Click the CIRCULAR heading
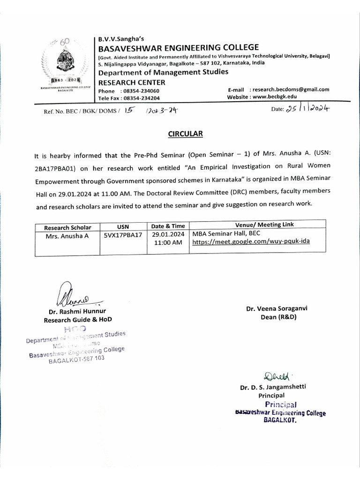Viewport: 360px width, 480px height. coord(186,134)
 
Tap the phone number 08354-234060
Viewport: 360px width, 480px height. coord(140,91)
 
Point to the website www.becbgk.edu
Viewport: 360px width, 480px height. coord(275,97)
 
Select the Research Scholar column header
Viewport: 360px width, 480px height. coord(67,227)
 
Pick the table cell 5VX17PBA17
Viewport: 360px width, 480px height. coord(123,235)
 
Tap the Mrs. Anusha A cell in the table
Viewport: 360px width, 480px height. coord(67,236)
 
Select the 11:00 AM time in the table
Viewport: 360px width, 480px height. coord(168,242)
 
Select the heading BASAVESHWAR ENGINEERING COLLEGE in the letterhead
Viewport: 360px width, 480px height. coord(178,47)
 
